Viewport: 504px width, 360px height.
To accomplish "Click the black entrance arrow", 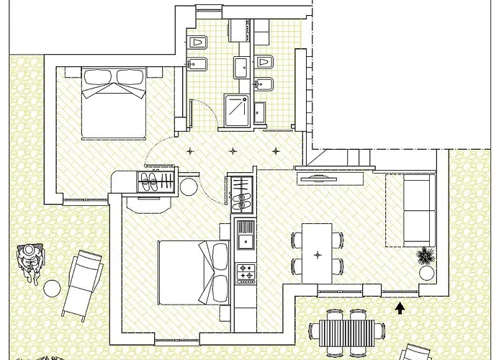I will [400, 308].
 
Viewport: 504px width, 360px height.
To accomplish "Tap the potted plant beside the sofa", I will [426, 256].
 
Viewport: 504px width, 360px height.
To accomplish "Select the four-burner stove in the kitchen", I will [246, 273].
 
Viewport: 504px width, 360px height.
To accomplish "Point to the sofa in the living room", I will [418, 209].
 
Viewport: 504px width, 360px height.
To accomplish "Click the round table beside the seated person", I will [52, 288].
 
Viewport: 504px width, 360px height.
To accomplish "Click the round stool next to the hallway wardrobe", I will [189, 186].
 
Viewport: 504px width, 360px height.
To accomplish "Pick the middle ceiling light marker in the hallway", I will [232, 151].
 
